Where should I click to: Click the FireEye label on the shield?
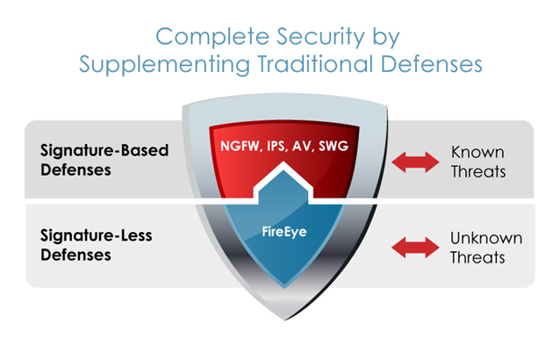[x=280, y=233]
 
